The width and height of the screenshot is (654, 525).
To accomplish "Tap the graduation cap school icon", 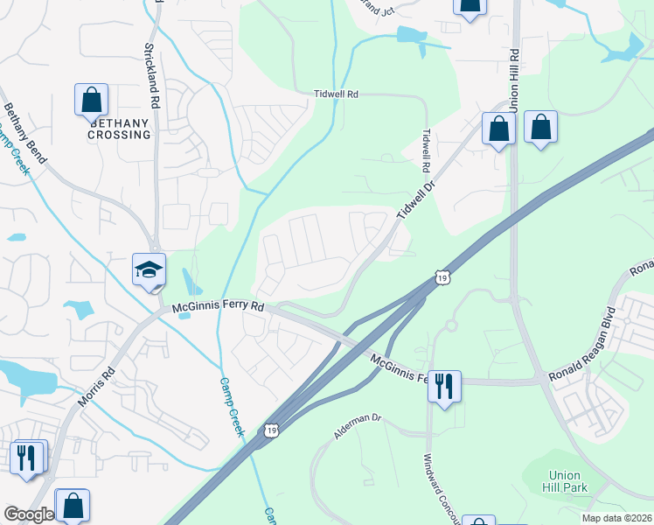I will pos(149,269).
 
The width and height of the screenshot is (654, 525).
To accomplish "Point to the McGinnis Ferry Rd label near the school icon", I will pos(218,308).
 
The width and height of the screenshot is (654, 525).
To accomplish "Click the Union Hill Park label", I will pos(556,480).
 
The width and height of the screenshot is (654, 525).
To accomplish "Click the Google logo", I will pos(29,514).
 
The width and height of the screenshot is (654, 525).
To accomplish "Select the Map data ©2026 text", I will pos(616,518).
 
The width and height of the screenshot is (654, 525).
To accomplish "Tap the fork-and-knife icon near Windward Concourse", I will pos(444,385).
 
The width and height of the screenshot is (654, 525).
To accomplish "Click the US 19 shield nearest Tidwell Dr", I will pos(443,277).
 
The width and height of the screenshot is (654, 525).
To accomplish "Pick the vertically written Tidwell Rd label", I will pos(427,150).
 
